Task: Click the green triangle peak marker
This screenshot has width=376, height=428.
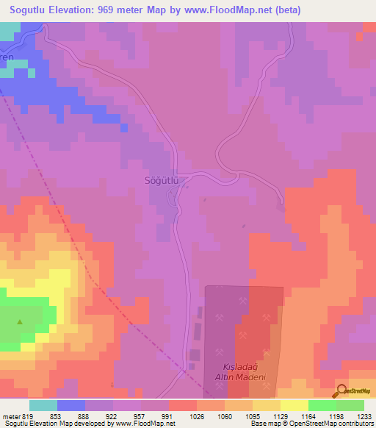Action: pyautogui.click(x=20, y=321)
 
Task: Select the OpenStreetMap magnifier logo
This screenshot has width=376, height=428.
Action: pyautogui.click(x=341, y=392)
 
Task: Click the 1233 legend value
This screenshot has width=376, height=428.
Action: pyautogui.click(x=364, y=416)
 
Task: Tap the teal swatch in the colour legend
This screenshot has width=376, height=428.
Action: pyautogui.click(x=43, y=405)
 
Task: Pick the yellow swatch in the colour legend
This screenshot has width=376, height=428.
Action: pyautogui.click(x=294, y=405)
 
